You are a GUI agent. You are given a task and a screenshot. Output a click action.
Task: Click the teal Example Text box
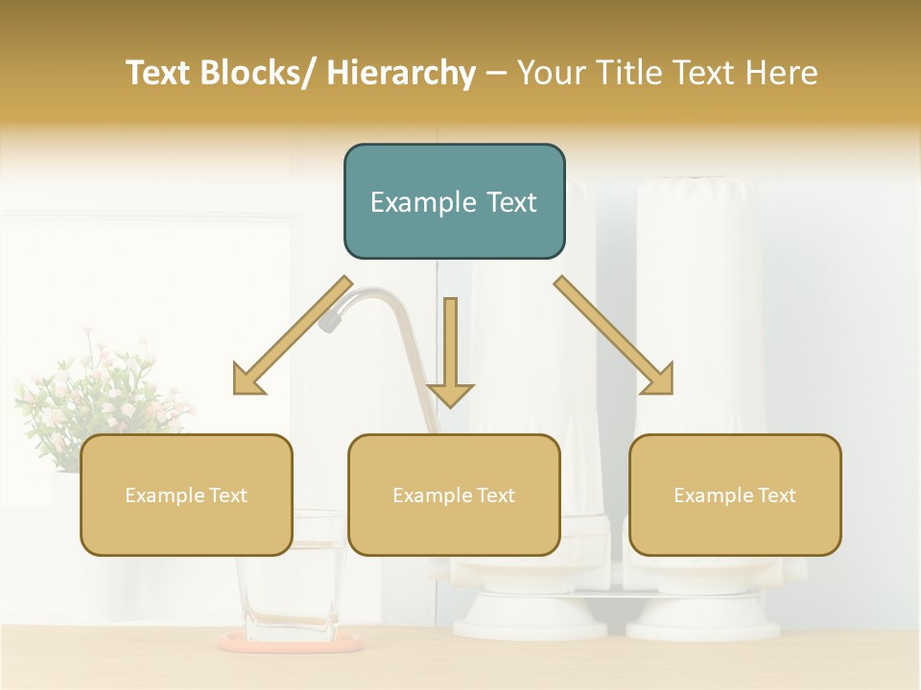pos(454,202)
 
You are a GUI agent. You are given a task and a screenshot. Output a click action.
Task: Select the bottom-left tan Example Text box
pos(186,495)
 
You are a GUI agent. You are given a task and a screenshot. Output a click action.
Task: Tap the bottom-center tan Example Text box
pos(454,495)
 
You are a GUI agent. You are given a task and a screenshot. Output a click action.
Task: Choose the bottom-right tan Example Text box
pos(735,495)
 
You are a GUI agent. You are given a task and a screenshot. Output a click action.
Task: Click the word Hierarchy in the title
pos(401,73)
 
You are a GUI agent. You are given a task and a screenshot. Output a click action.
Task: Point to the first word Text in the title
pos(159,73)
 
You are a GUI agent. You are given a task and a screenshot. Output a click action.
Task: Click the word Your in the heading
pos(551,73)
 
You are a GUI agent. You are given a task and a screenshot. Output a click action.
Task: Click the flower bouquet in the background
pos(91,393)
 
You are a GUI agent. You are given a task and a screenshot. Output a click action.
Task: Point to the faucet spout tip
pos(329,322)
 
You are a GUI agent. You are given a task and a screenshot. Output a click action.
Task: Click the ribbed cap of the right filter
pos(697,196)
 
